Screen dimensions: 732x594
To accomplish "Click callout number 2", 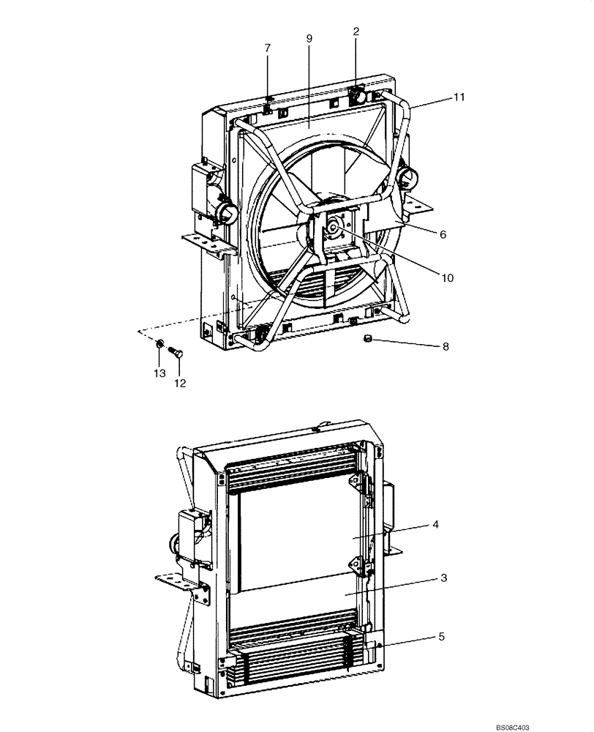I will pos(356,31).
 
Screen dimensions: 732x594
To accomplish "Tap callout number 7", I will pos(267,48).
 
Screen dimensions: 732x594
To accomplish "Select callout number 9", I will pos(309,37).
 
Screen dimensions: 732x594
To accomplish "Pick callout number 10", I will pos(447,277).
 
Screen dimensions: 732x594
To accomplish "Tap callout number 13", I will pos(159,373).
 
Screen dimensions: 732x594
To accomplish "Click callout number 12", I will pos(179,383).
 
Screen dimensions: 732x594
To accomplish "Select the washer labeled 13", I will pos(159,344).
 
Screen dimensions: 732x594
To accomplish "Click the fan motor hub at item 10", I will pos(334,227).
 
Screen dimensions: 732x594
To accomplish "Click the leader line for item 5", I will pos(410,640).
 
